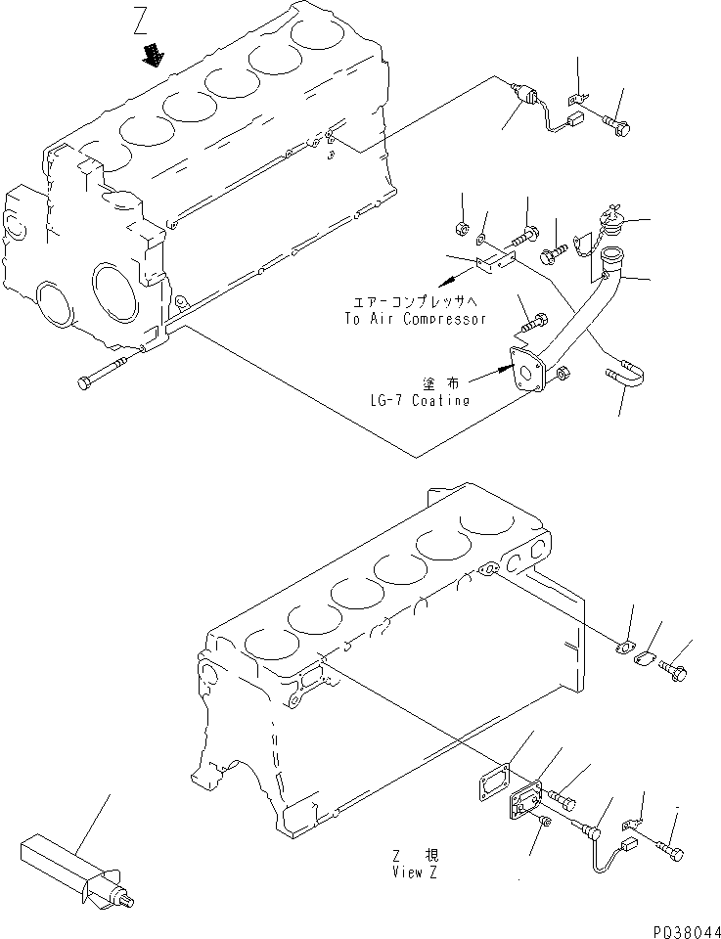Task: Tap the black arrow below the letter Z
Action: (152, 56)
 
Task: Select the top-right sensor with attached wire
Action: (529, 97)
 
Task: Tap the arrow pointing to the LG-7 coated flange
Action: (487, 379)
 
